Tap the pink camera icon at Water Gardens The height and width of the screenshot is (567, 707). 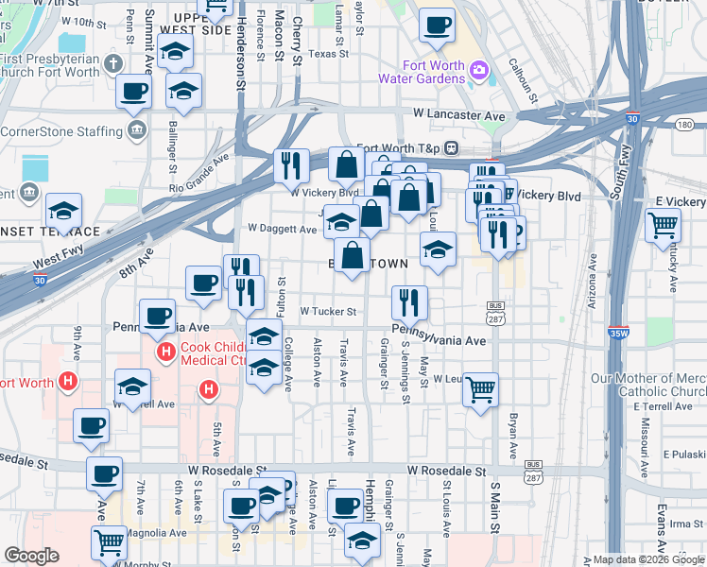[x=479, y=69]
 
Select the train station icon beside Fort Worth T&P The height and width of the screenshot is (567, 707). [x=453, y=148]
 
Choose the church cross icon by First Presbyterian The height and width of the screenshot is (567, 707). [x=113, y=64]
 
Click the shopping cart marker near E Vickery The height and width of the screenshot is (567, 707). [x=664, y=225]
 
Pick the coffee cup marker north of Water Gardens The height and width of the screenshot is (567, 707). [x=437, y=26]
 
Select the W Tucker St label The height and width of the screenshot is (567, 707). [x=328, y=311]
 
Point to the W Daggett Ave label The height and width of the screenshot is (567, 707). [x=282, y=229]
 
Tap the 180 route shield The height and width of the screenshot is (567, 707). [x=685, y=125]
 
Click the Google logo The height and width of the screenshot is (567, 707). [x=31, y=555]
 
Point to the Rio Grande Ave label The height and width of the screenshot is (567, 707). [x=199, y=172]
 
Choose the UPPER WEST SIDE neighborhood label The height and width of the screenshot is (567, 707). [x=196, y=25]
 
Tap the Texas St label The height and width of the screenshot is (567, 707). [x=328, y=54]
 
